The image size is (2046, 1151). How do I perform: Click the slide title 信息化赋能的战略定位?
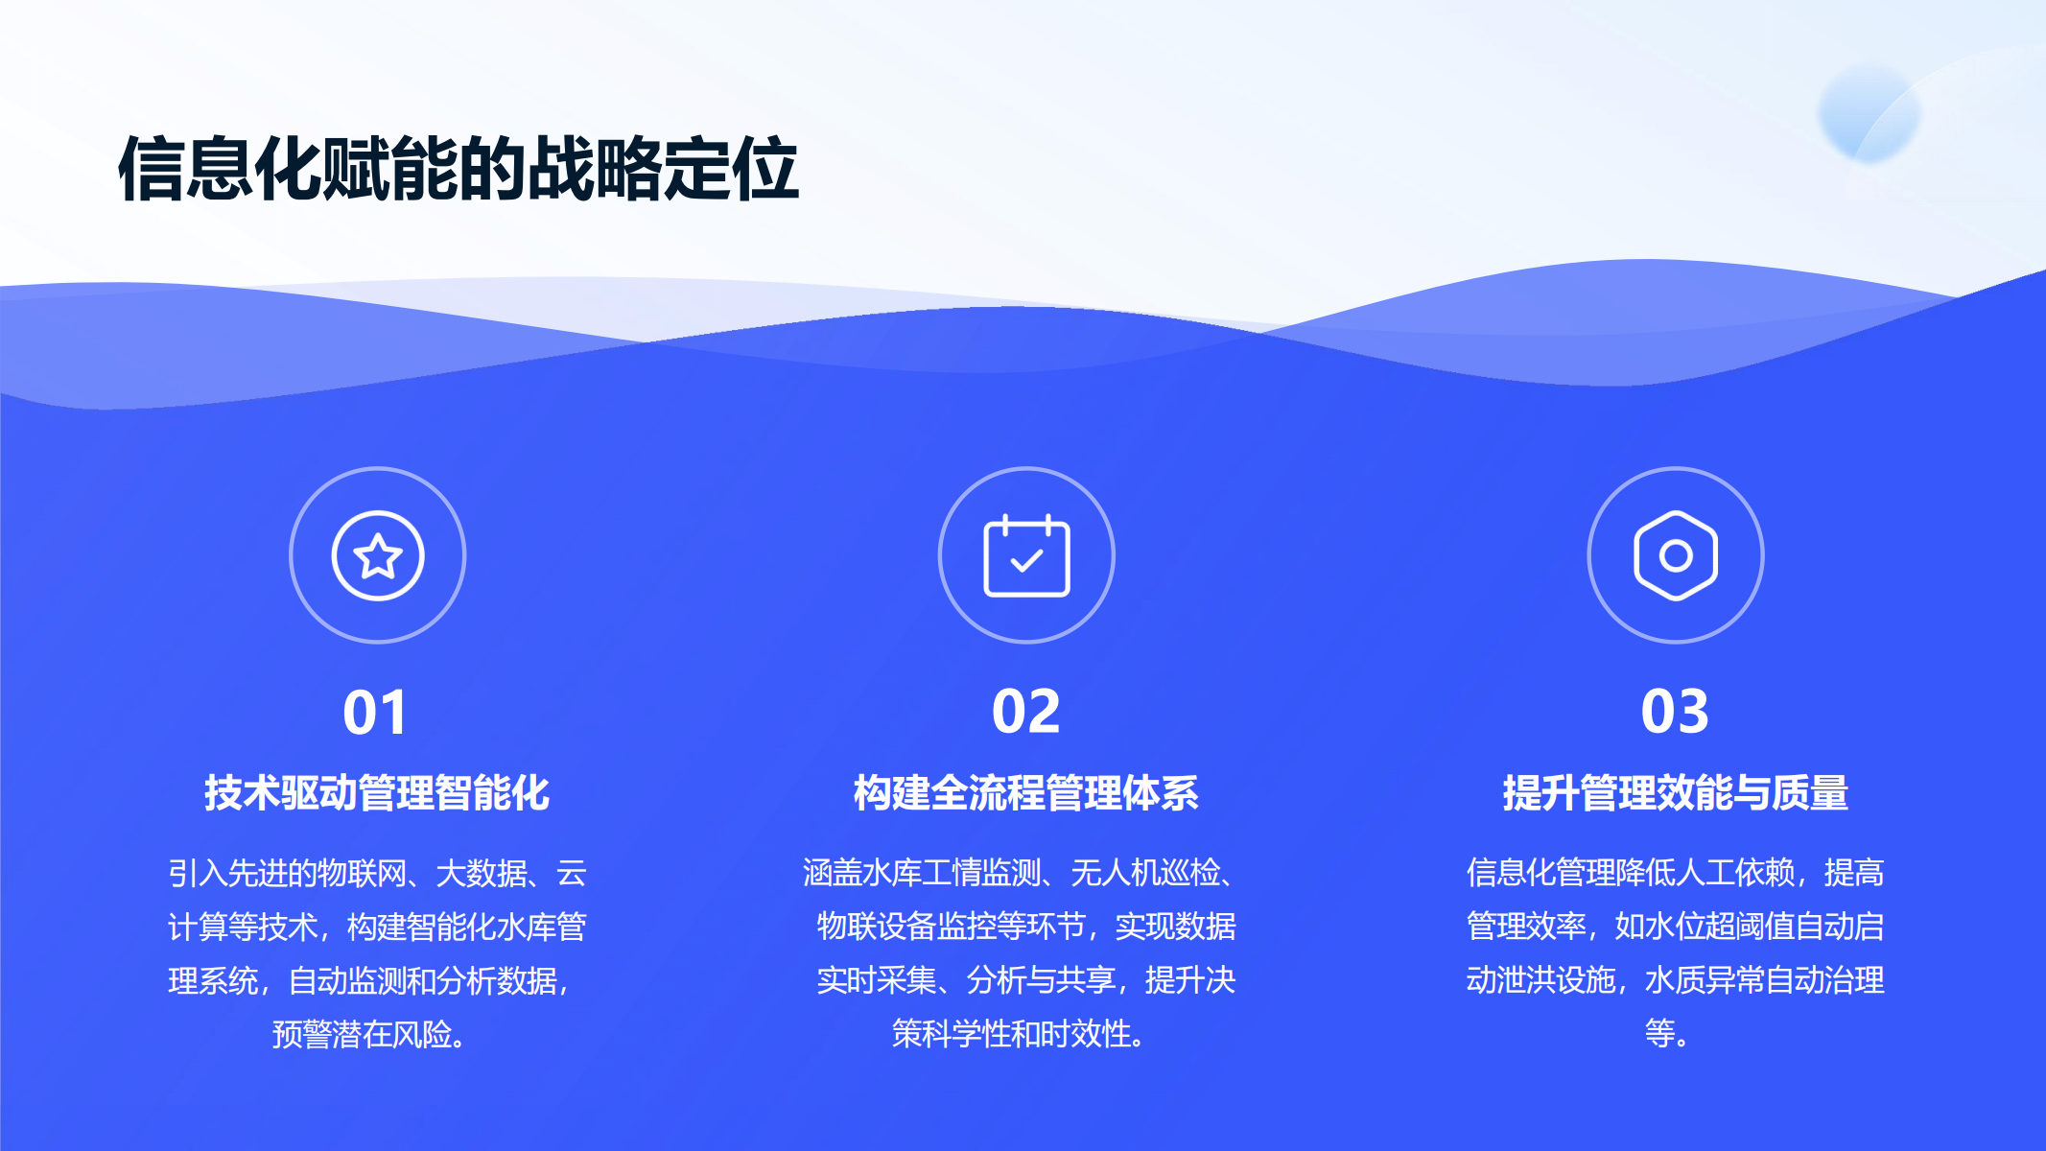point(459,169)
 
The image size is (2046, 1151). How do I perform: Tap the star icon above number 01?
point(378,555)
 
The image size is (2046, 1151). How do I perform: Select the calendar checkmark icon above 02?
point(1026,555)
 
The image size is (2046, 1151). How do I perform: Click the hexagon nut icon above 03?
point(1676,555)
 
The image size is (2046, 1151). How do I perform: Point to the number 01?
point(376,713)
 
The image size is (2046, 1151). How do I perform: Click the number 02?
point(1026,712)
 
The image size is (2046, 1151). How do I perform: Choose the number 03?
point(1676,712)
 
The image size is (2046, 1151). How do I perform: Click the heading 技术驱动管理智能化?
point(377,793)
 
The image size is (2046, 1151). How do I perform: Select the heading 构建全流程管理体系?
point(1026,793)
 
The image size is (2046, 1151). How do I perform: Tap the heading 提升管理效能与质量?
point(1676,793)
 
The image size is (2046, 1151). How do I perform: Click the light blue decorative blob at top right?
point(1869,112)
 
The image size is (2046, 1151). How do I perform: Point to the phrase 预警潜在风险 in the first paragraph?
point(362,1034)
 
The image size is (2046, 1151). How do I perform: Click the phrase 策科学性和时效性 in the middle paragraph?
point(1011,1034)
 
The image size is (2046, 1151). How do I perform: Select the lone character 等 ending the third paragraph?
point(1659,1033)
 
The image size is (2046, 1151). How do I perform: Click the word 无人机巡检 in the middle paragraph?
point(1145,873)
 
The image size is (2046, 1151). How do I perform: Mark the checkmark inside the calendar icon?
point(1026,559)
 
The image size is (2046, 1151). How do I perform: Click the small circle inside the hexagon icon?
point(1676,555)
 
